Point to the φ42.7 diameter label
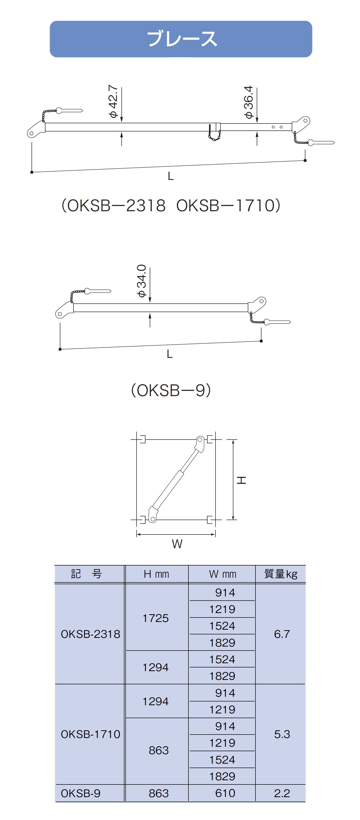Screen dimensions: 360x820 point(113,101)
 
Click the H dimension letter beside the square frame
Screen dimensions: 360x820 point(241,480)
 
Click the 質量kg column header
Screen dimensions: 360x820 point(281,574)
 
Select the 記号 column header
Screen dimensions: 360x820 point(86,574)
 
